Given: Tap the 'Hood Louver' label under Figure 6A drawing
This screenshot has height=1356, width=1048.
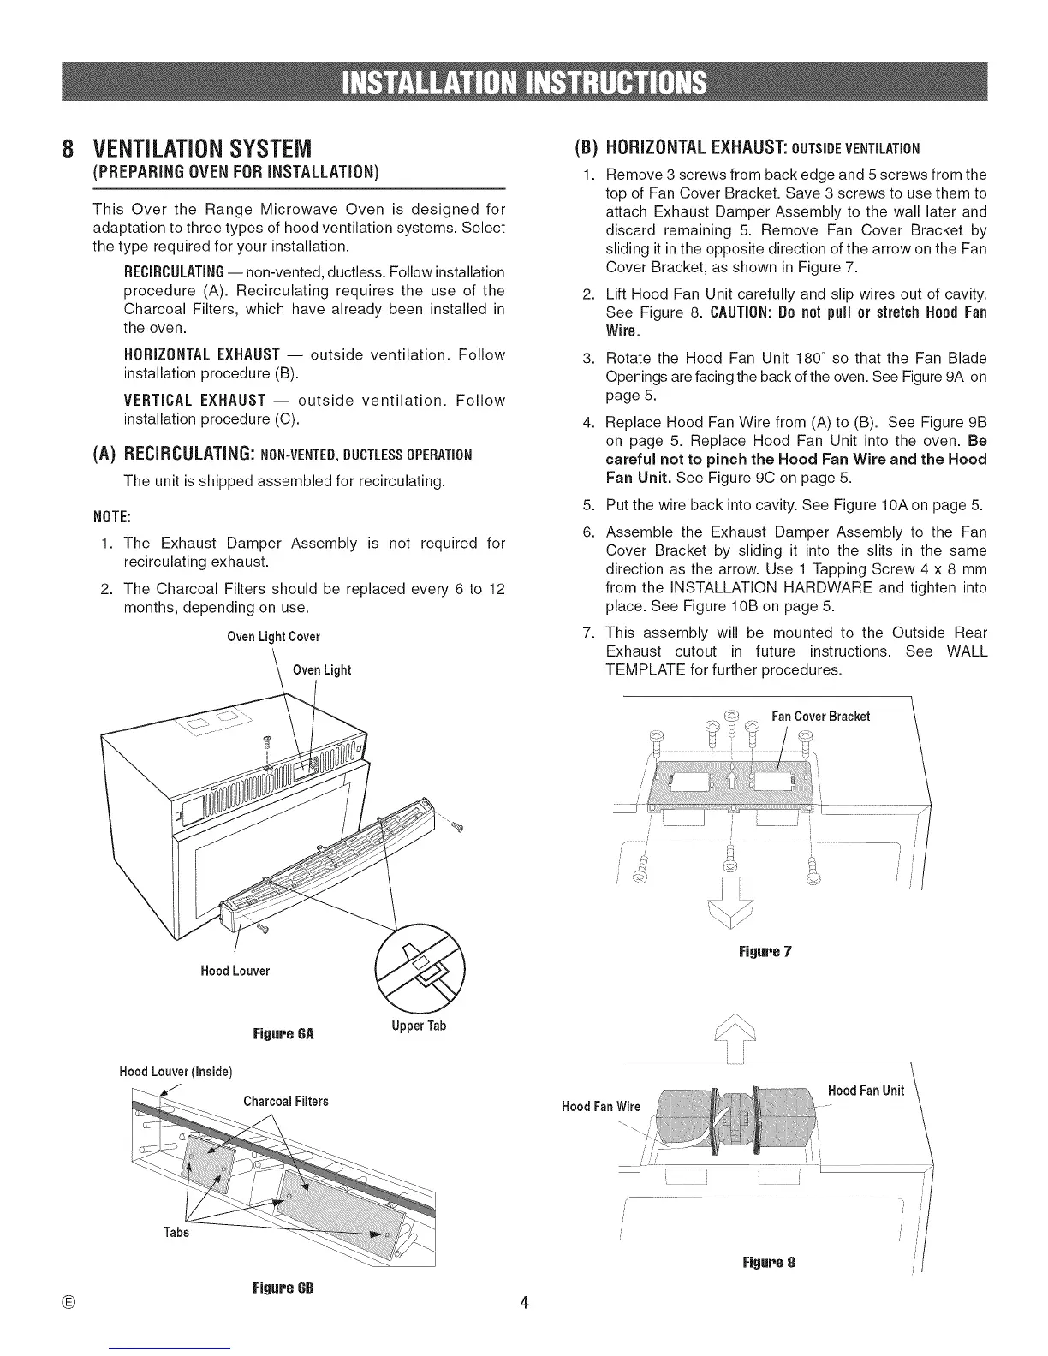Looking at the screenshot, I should (x=235, y=971).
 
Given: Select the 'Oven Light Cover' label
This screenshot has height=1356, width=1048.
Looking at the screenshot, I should (x=273, y=637).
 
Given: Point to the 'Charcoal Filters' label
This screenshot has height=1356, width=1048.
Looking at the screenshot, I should (x=286, y=1101).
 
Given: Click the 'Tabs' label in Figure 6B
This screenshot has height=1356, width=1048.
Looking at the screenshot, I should (x=176, y=1233).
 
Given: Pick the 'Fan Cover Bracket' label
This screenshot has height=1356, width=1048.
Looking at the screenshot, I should (x=820, y=716).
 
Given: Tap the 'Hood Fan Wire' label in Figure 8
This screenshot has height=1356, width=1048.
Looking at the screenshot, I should (x=600, y=1107).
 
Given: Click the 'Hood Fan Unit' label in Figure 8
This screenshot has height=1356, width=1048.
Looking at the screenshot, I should (x=866, y=1091).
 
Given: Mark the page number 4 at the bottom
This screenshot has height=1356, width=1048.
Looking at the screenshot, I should (x=524, y=1304).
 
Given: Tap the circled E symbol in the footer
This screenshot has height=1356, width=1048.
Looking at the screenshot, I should (x=68, y=1304).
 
